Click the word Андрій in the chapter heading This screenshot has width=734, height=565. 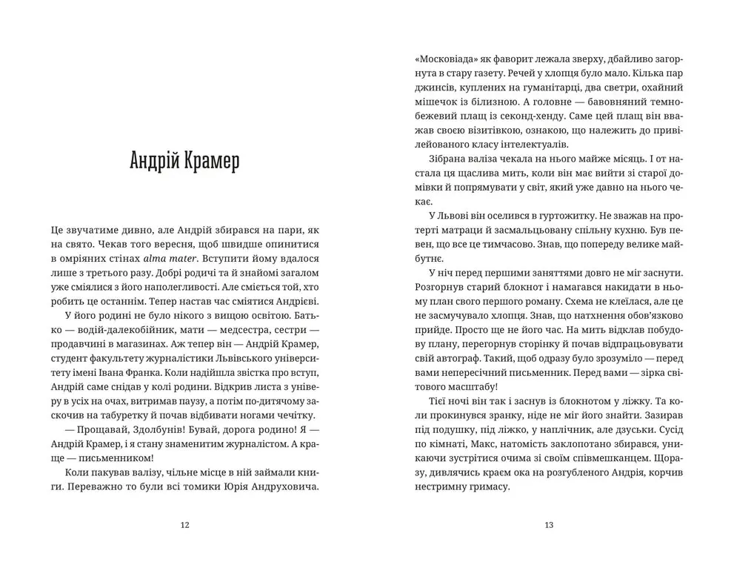point(152,162)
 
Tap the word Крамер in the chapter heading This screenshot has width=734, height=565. point(211,162)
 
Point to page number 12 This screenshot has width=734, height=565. point(185,526)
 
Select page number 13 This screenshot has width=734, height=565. point(549,526)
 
